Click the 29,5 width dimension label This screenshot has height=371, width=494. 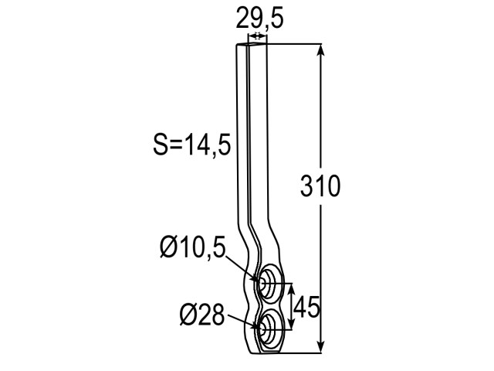click(259, 19)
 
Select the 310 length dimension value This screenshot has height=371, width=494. click(320, 186)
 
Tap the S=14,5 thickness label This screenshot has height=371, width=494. click(192, 145)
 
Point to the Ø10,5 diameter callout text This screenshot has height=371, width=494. click(193, 247)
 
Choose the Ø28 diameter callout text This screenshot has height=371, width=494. click(202, 315)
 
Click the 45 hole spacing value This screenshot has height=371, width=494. click(306, 307)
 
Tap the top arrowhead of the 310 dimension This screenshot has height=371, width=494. click(321, 50)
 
